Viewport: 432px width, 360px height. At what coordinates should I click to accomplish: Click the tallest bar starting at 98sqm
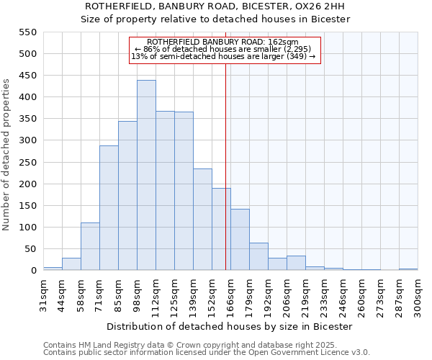146,175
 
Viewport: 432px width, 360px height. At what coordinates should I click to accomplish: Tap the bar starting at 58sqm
90,246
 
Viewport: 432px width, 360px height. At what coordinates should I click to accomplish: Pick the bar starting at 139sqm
202,220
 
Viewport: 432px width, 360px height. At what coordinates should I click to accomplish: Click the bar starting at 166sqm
240,240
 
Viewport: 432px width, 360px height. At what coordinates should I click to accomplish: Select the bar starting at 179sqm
258,256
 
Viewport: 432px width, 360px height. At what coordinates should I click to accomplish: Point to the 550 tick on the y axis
27,32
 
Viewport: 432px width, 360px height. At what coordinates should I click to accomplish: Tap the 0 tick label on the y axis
32,271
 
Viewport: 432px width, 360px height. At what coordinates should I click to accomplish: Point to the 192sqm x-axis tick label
268,294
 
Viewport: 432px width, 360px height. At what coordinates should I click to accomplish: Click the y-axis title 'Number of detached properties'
6,155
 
